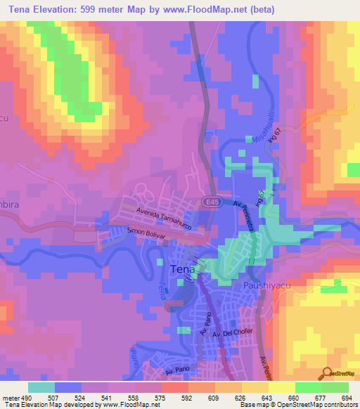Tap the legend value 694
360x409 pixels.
tap(347, 397)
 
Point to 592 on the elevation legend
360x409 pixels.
tap(187, 397)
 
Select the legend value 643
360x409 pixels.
tap(267, 397)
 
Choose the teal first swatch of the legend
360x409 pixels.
tap(41, 387)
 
